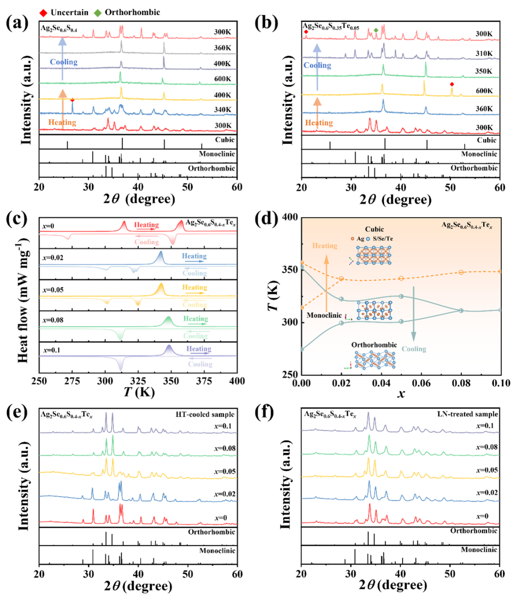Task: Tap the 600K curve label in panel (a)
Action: point(223,79)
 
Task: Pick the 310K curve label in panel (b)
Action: point(484,54)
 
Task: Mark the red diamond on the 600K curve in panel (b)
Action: point(452,84)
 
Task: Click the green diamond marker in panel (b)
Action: point(376,30)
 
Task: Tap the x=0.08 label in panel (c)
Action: point(53,320)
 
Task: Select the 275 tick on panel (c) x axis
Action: point(72,382)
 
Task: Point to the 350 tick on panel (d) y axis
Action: point(290,270)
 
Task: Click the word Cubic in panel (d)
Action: point(374,229)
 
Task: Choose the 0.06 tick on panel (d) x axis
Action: point(421,383)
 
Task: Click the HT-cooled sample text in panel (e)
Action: point(205,415)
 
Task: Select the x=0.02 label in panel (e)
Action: point(224,494)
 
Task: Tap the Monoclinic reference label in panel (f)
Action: point(479,550)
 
